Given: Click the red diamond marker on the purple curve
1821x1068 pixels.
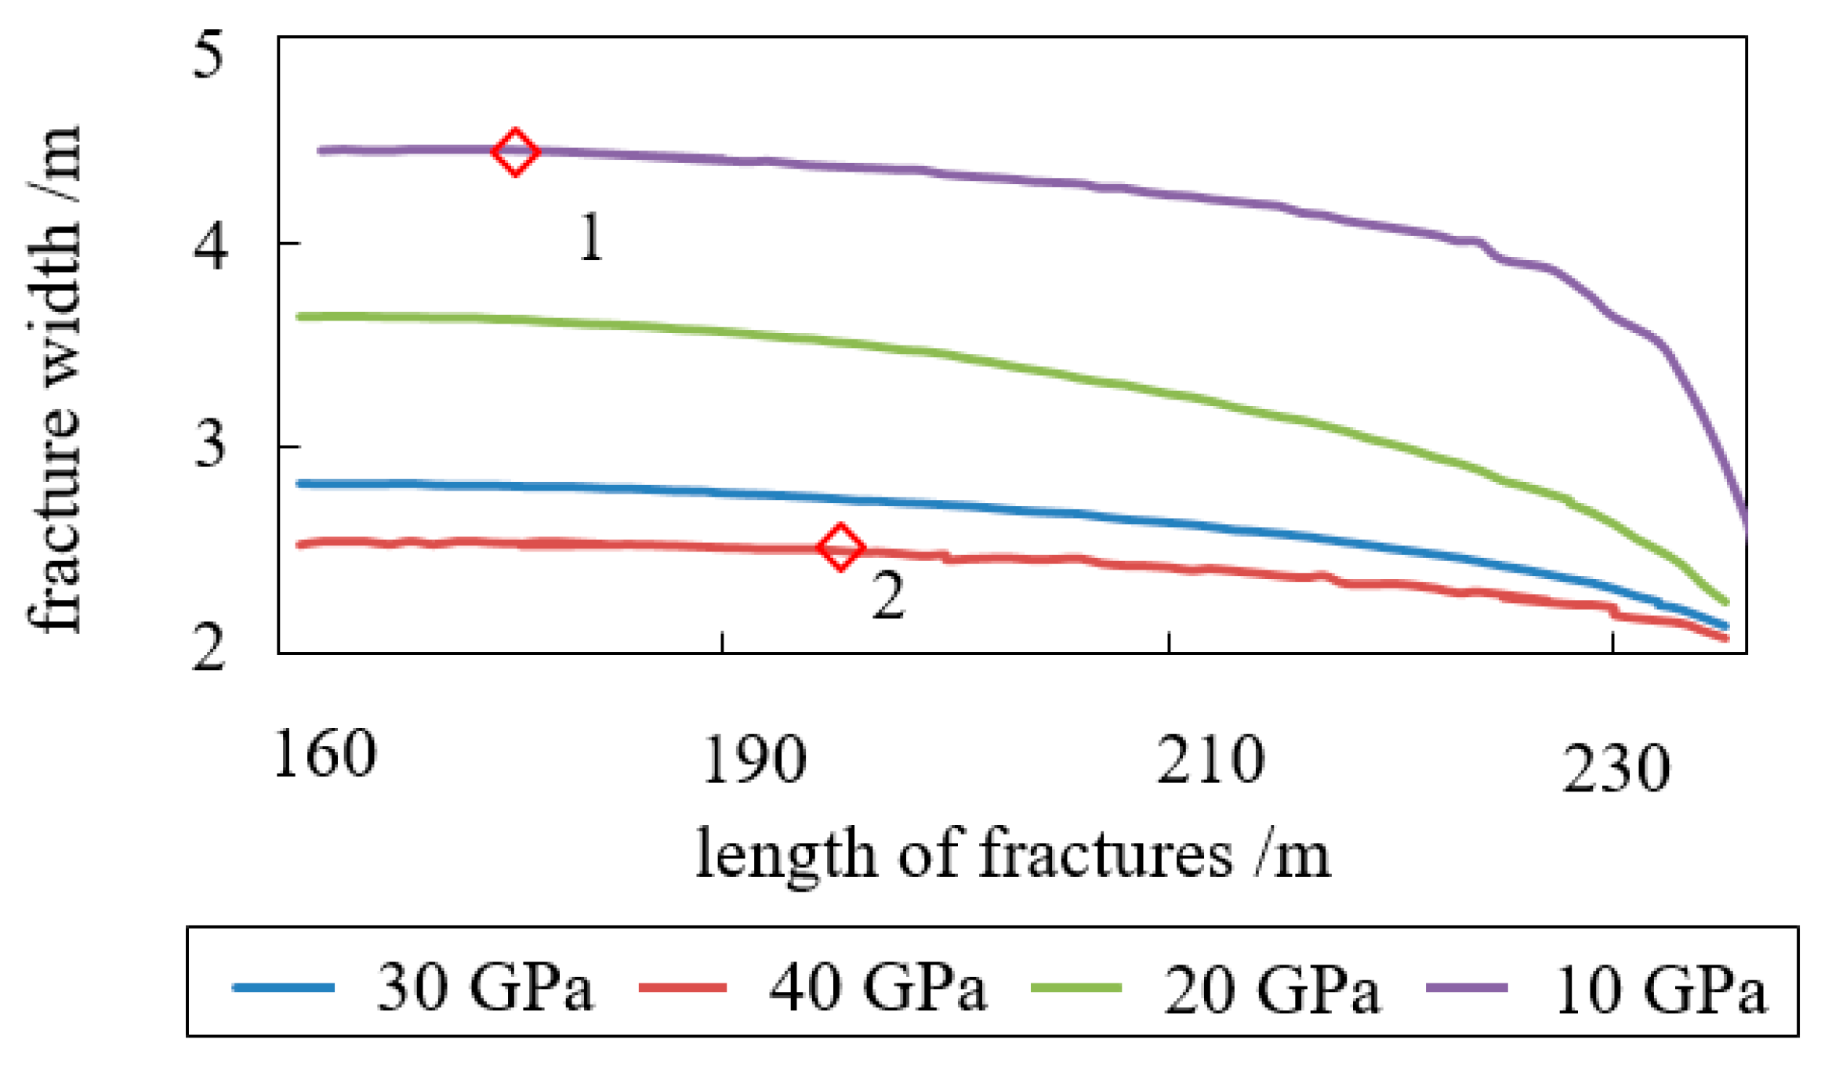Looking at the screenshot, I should point(514,152).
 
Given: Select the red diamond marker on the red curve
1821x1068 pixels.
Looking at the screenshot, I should point(840,548).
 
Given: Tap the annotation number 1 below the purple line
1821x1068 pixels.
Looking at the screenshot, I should point(590,239).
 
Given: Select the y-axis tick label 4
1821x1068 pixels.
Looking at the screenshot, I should point(209,245).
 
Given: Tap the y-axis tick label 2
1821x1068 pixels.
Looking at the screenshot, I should point(209,647).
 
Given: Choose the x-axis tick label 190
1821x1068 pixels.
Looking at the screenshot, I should point(754,760).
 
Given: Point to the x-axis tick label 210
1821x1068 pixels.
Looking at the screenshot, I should point(1210,760).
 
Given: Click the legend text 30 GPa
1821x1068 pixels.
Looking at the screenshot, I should point(484,987).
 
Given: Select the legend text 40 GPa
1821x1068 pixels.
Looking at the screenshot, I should point(877,987).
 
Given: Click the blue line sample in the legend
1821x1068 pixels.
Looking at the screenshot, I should point(283,987).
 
